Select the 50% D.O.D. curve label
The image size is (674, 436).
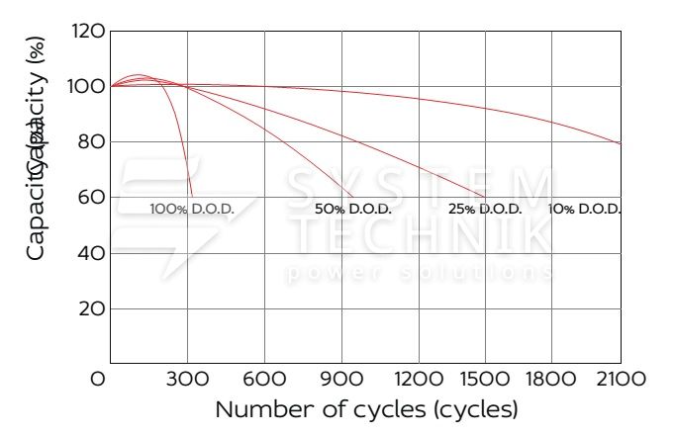(353, 210)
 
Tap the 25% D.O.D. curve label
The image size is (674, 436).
(485, 210)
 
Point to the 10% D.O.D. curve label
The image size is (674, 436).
(584, 210)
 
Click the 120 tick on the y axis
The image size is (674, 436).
(88, 32)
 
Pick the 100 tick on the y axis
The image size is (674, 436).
(88, 87)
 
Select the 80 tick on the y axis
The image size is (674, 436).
(91, 142)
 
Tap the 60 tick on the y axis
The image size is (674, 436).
(91, 198)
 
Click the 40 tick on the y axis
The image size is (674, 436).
(91, 253)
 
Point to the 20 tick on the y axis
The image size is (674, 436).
(91, 309)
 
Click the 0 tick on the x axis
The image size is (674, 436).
(98, 379)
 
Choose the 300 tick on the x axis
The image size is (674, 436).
(187, 379)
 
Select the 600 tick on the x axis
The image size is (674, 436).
(264, 379)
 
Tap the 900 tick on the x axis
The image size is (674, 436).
(341, 379)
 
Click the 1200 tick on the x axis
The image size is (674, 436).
(419, 379)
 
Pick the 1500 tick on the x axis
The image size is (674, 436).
(495, 379)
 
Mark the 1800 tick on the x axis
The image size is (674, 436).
(572, 379)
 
